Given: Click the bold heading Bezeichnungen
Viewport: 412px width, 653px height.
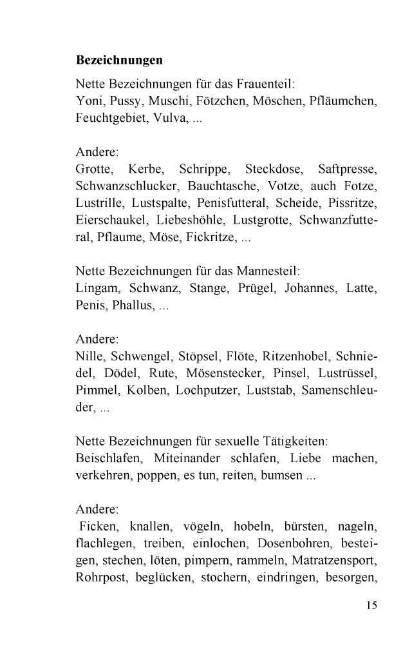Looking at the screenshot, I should [119, 61].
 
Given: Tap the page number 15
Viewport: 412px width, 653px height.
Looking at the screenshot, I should [370, 605].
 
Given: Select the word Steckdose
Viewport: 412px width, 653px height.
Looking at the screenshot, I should [272, 170].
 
